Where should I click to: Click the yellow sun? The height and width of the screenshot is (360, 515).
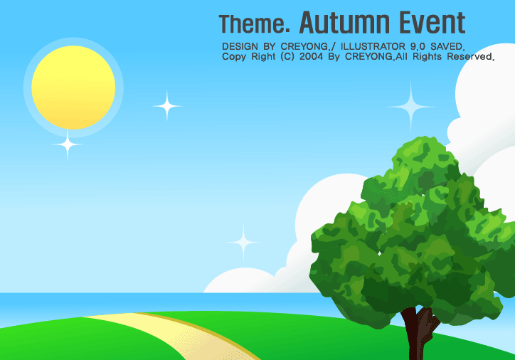coord(73,88)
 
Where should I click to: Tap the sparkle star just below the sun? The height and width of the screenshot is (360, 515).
coord(68,144)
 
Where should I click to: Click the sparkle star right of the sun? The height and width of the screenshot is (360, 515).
coord(167,106)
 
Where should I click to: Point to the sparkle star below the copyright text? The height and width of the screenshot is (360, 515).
coord(410,107)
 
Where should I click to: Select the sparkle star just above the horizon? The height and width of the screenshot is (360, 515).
coord(243,243)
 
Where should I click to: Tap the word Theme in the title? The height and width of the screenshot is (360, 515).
coord(251,23)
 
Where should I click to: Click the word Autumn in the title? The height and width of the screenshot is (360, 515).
coord(344,22)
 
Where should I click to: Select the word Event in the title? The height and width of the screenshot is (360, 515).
coord(432,22)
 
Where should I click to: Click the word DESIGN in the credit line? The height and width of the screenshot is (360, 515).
coord(240,46)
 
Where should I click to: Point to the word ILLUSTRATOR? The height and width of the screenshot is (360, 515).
coord(373,46)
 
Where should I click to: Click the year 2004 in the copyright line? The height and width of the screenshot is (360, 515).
coord(311,56)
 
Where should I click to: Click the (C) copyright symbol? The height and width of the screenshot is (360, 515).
coord(287,57)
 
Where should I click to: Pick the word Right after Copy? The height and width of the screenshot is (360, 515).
coord(263,57)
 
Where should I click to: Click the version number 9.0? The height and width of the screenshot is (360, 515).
coord(418,46)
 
